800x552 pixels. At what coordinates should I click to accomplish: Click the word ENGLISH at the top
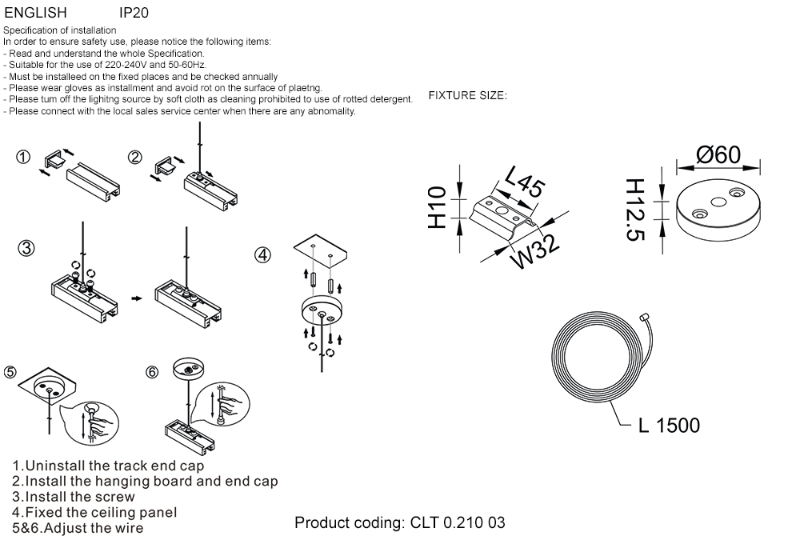tap(35, 14)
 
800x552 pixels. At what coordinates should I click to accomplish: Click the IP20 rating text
tap(134, 14)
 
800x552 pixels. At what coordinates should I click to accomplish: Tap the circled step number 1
tap(24, 158)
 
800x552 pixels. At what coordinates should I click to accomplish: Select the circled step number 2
tap(135, 158)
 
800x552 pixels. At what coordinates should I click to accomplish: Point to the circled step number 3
tap(27, 248)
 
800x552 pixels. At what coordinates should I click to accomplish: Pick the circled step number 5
tap(10, 372)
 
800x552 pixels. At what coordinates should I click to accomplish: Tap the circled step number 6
tap(154, 372)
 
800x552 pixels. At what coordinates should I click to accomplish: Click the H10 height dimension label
tap(437, 207)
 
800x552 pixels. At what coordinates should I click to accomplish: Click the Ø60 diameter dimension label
tap(718, 154)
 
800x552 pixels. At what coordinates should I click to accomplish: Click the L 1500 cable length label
tap(669, 426)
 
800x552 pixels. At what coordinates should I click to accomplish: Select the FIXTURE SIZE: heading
tap(467, 96)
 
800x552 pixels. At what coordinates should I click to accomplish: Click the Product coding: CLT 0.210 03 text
tap(400, 523)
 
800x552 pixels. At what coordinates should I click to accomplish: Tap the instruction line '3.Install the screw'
tap(74, 497)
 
